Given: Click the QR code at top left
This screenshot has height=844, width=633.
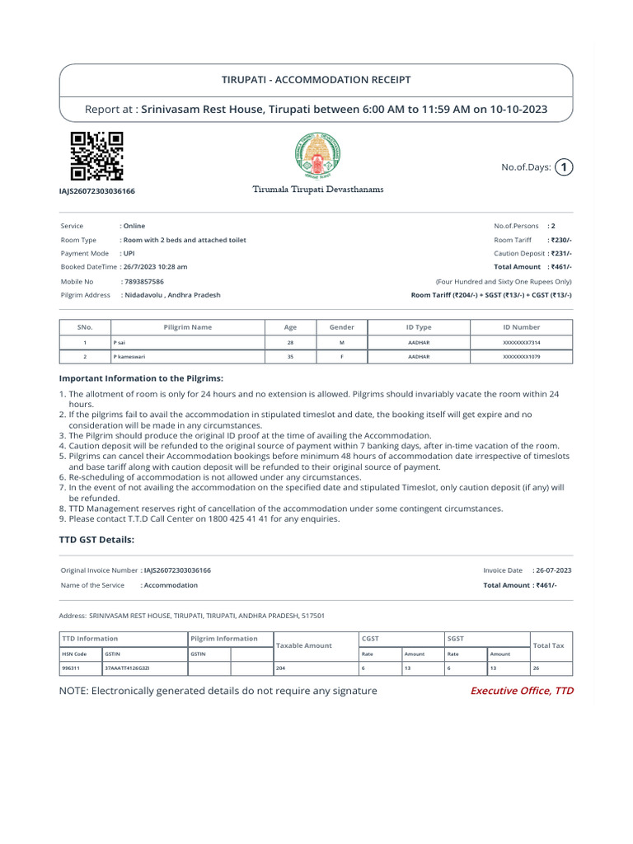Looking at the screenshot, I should click(x=96, y=157).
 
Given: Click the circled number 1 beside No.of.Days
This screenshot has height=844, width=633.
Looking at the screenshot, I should click(x=563, y=167).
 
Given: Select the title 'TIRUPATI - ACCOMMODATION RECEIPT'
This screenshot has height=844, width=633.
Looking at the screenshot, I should click(x=316, y=80).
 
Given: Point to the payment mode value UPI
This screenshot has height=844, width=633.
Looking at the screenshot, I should click(x=128, y=253).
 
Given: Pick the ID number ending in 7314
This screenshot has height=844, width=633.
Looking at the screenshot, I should click(x=521, y=342).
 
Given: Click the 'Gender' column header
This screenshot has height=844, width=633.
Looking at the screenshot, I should click(x=341, y=327).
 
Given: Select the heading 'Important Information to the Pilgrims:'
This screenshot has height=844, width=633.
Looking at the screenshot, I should click(x=141, y=378).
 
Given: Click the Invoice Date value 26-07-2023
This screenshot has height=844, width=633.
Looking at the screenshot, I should click(x=553, y=570).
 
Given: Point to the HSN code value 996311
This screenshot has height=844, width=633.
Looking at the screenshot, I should click(x=73, y=668).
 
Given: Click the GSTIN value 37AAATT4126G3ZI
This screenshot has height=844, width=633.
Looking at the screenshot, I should click(x=126, y=668).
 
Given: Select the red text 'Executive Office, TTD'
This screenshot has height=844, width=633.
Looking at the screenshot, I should click(x=521, y=691).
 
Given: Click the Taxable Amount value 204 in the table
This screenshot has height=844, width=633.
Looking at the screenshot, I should click(x=281, y=668).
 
